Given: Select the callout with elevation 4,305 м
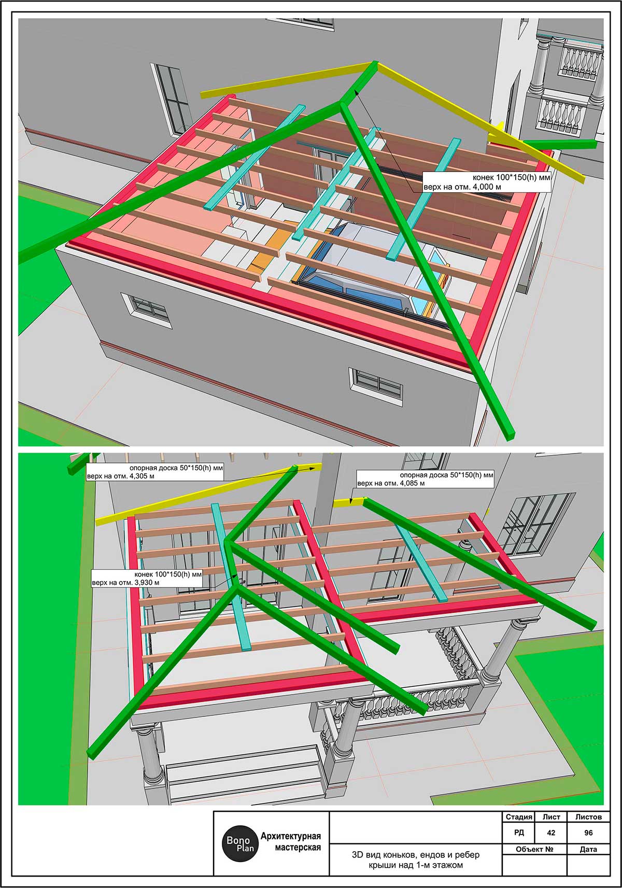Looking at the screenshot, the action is pos(154,472).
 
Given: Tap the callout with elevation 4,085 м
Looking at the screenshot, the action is pos(425,479).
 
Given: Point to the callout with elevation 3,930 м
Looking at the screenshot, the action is pos(147,578).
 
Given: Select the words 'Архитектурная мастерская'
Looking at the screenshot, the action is pos(291,842).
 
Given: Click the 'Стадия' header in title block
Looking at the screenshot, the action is pos(518,816).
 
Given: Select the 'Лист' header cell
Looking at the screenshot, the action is pos(551,816).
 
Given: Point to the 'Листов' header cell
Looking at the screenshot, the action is pos(588,816).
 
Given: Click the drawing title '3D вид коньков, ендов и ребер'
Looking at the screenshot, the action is pos(416,855).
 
